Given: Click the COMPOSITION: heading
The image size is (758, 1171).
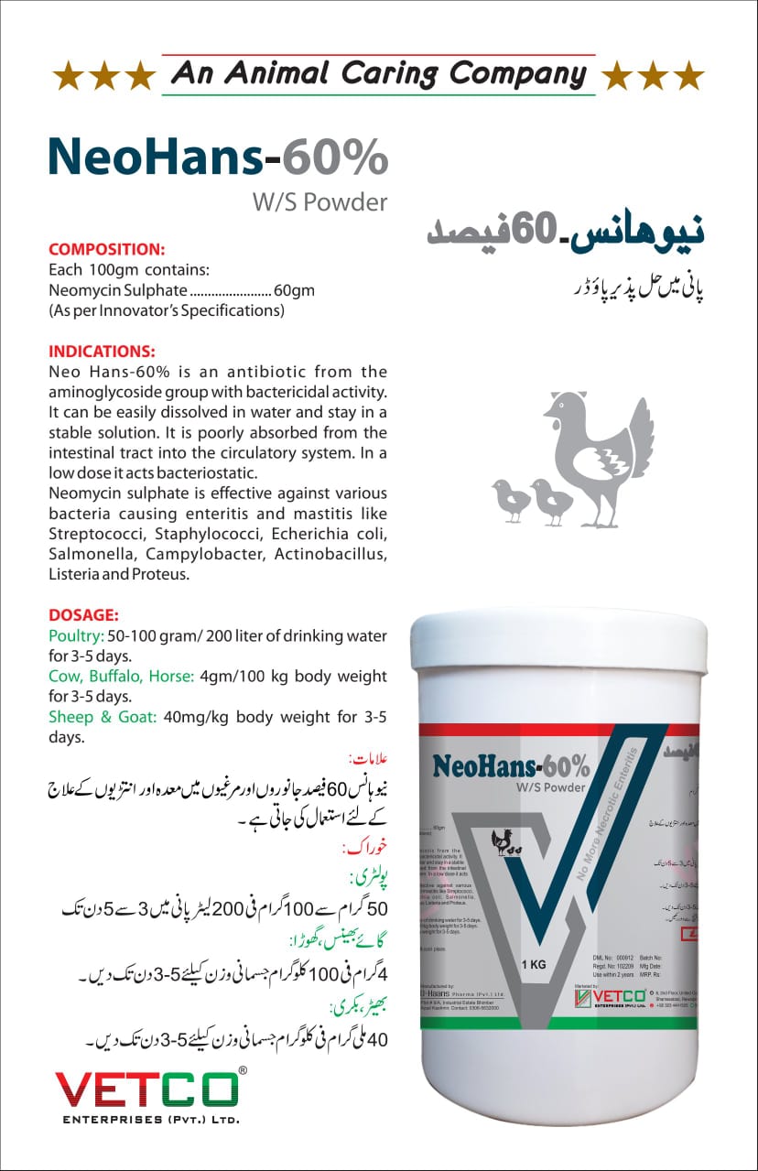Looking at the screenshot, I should coord(106,248).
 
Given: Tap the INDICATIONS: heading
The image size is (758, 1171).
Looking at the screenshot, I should coord(102,351).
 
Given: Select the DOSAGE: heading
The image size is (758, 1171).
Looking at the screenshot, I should coord(83,615).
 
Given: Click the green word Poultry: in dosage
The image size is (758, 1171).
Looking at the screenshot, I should coord(76,635).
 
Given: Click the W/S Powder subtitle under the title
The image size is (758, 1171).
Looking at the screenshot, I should coord(319,201).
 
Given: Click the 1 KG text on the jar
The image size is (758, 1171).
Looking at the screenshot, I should coord(535,964).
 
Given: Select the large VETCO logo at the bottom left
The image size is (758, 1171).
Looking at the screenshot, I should coord(146,1089).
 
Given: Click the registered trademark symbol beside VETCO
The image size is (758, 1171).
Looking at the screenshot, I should coord(242,1069).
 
